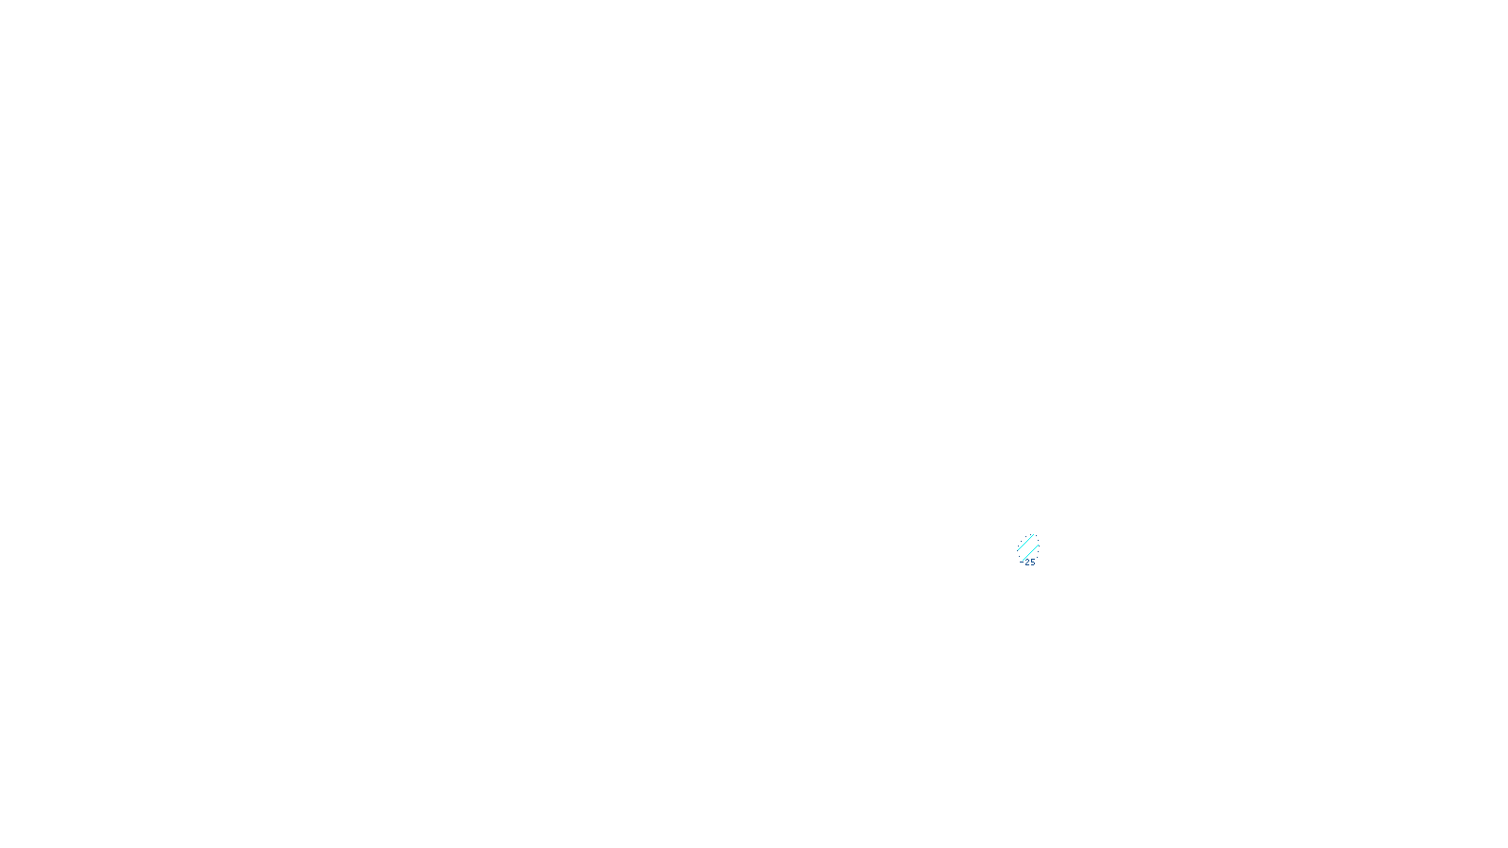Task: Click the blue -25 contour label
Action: (x=1028, y=563)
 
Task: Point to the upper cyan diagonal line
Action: (x=1025, y=542)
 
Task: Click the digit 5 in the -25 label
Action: (x=1032, y=563)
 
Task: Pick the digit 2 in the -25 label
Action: (x=1026, y=563)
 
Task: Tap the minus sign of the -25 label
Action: (x=1022, y=563)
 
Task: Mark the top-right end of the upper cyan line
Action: (x=1034, y=534)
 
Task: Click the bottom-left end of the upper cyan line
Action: (x=1018, y=549)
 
